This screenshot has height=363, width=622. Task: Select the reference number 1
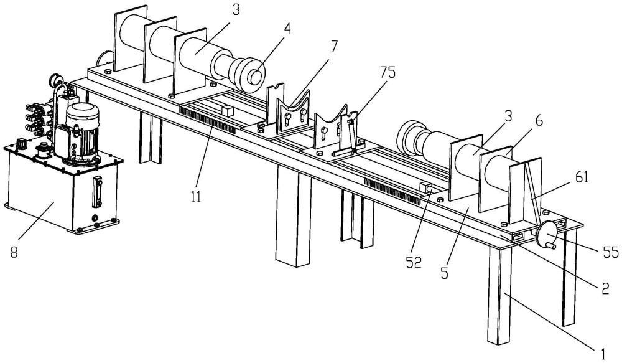click(601, 353)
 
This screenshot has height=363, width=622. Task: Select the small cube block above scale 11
click(226, 110)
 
